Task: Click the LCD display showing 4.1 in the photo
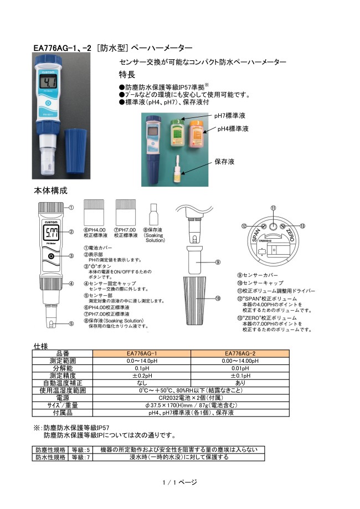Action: click(x=49, y=81)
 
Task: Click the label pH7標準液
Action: click(x=229, y=116)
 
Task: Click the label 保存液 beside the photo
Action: click(x=224, y=161)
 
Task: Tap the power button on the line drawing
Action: click(x=51, y=256)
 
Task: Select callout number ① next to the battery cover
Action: click(x=71, y=208)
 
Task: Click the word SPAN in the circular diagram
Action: click(x=256, y=235)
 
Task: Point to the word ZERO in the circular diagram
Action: click(x=290, y=235)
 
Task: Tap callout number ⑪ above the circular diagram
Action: click(x=274, y=208)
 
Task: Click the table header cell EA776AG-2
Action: click(x=240, y=353)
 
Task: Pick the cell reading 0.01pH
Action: click(x=240, y=368)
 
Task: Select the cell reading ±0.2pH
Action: click(x=142, y=376)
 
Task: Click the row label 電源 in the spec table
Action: click(x=63, y=398)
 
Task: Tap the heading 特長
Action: click(x=127, y=75)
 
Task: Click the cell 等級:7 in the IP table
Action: click(x=80, y=457)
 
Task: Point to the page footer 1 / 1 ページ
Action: click(x=180, y=482)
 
